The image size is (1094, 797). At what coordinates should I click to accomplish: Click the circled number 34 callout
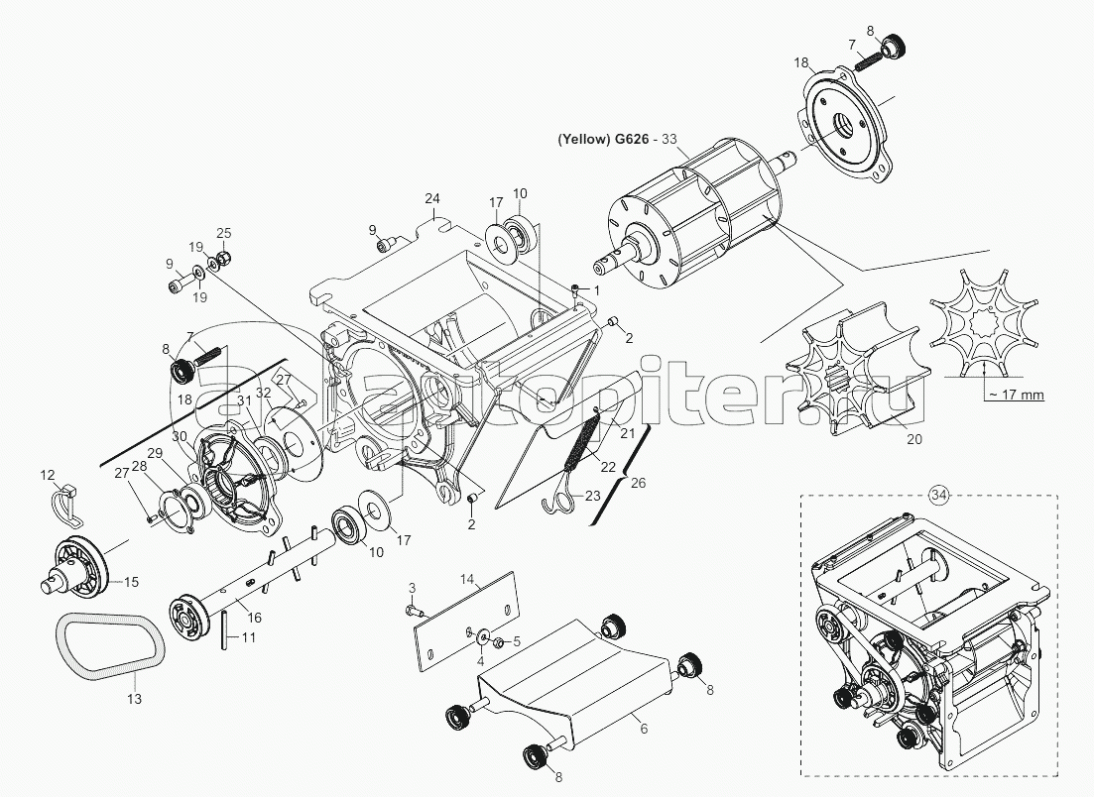[938, 494]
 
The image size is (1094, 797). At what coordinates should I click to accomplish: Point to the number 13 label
[134, 699]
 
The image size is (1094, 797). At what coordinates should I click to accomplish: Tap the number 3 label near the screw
[413, 589]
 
